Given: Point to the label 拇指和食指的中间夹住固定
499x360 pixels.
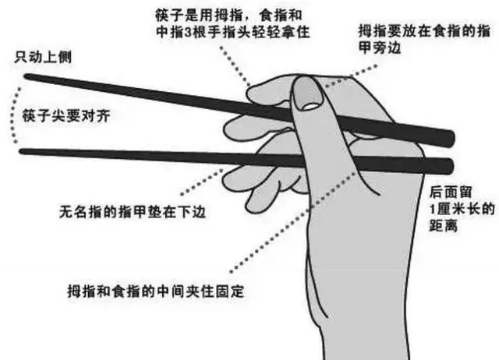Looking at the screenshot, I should point(156,291).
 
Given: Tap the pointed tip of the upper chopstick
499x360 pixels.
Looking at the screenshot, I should point(28,76).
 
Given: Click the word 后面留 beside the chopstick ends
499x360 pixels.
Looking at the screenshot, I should point(448,190).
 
